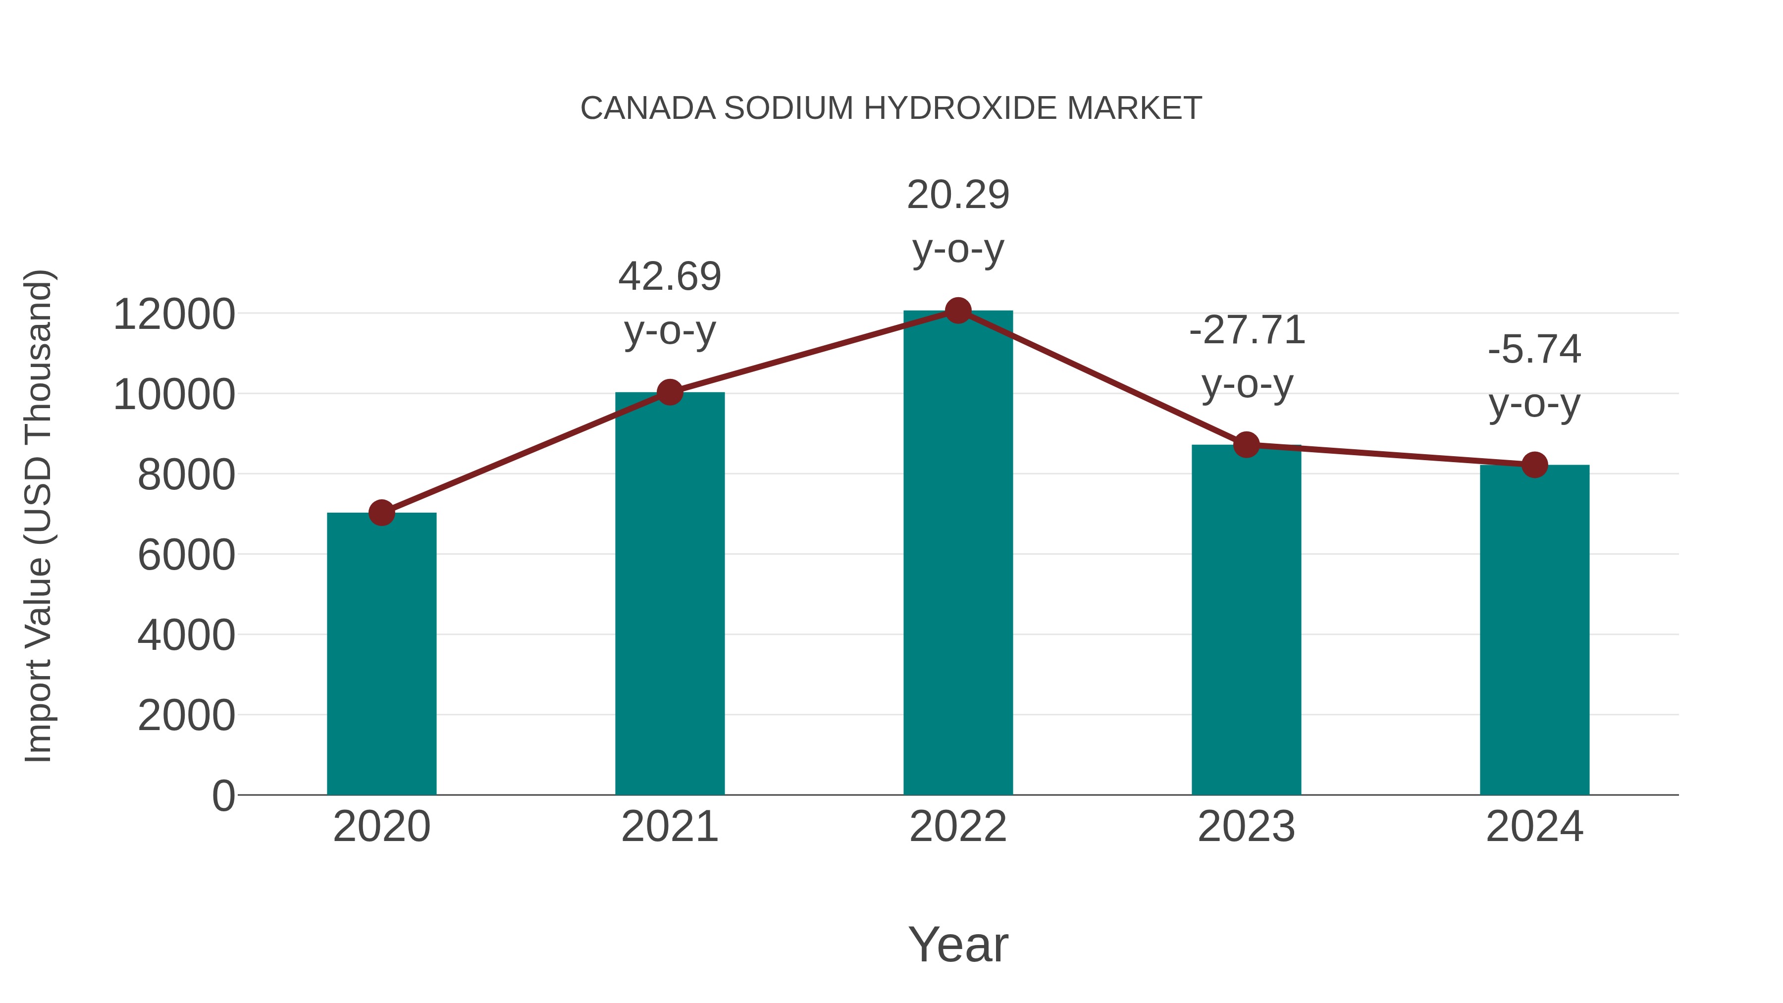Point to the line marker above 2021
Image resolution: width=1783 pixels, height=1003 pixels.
669,392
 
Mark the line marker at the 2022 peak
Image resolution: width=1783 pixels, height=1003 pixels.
958,311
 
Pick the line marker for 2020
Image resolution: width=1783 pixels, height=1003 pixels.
381,513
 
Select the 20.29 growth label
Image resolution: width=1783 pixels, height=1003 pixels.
958,195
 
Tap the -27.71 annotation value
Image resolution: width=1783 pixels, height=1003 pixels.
1247,330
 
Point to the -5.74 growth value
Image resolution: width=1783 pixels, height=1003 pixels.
1534,350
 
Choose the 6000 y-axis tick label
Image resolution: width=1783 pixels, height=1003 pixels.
186,555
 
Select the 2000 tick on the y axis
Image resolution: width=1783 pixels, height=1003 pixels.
186,716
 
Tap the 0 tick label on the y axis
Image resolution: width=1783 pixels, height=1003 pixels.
223,796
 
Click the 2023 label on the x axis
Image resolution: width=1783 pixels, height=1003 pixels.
1246,827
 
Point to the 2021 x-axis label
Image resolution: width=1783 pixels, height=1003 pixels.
669,827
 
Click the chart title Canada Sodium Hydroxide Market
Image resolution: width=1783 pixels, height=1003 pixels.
891,108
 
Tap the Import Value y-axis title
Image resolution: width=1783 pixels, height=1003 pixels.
39,516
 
